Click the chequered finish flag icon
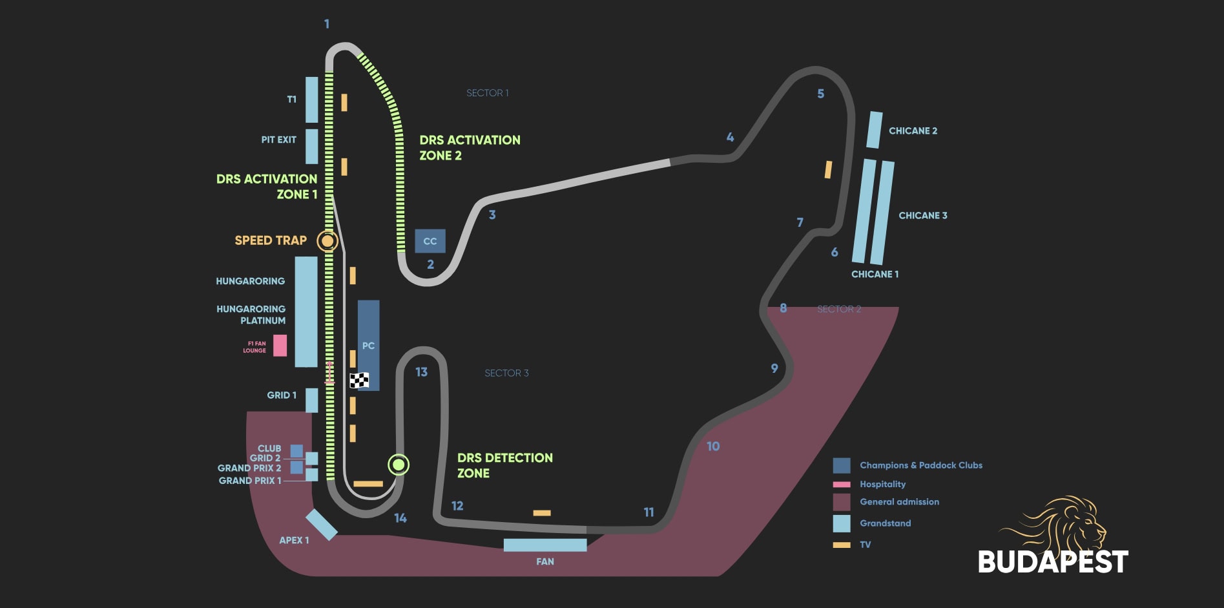(359, 380)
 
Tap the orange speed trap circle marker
(327, 241)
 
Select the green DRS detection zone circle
(399, 465)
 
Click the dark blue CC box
(430, 241)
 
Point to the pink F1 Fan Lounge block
(280, 346)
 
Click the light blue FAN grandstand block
(545, 545)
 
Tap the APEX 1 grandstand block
(321, 524)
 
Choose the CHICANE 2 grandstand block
(874, 130)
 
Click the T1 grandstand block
(311, 100)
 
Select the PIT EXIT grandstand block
(311, 146)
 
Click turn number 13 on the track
(421, 372)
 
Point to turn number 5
(820, 94)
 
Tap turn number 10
(713, 446)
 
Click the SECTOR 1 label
(487, 93)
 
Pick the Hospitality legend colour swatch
(841, 484)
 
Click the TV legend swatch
(841, 545)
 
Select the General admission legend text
(899, 502)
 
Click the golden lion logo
(1059, 523)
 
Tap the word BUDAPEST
(1053, 561)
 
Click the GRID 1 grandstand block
(311, 400)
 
